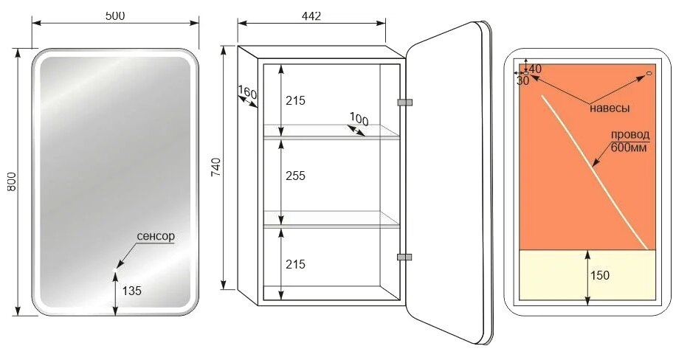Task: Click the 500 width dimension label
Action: [115, 15]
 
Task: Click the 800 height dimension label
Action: [12, 181]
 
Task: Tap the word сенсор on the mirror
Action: [156, 236]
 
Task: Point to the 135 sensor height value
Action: [132, 291]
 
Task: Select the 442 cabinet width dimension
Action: [311, 15]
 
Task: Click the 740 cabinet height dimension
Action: [216, 167]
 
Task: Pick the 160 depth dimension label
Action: [247, 92]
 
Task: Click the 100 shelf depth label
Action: [359, 119]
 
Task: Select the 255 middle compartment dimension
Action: [295, 176]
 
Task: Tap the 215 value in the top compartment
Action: [295, 101]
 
